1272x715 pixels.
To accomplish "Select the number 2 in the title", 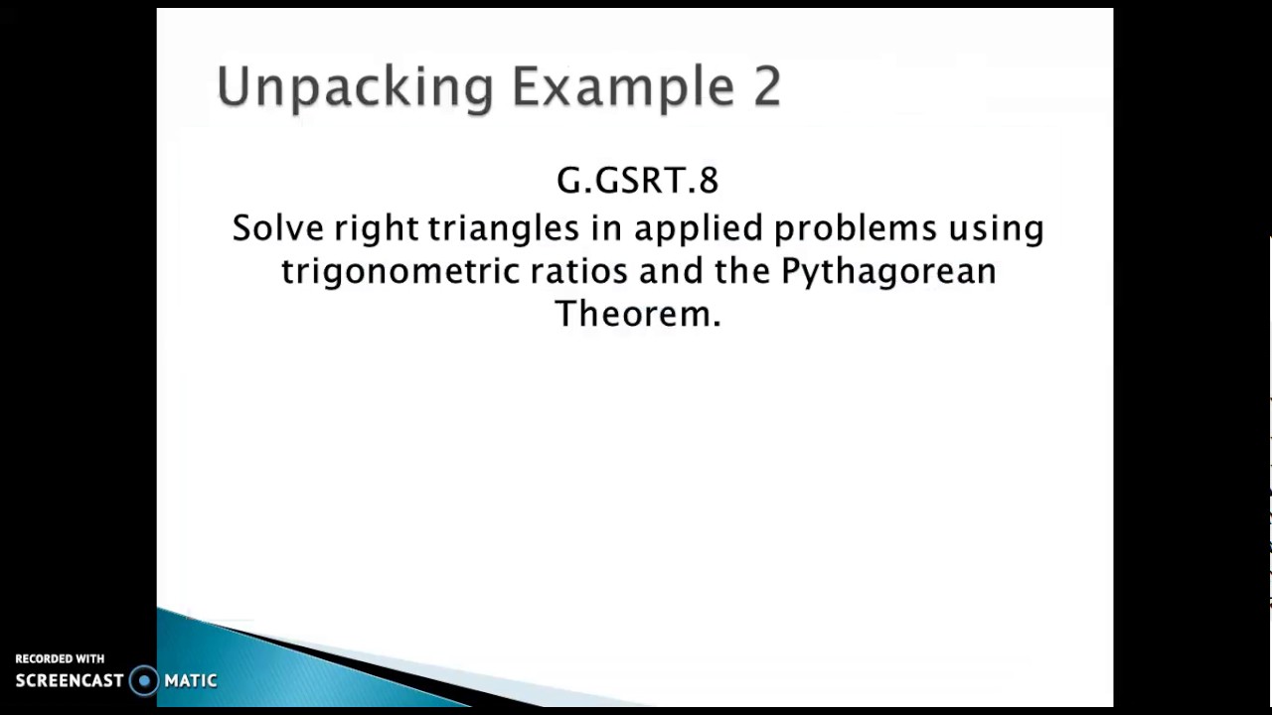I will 766,86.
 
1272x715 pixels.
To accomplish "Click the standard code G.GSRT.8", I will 637,181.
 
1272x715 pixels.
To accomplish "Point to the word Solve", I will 277,228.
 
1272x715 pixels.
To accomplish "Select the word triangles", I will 503,229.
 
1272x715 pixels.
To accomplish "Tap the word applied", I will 699,229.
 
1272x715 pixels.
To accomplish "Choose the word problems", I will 855,228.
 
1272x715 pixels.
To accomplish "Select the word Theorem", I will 637,314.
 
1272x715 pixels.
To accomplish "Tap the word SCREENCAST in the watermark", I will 70,681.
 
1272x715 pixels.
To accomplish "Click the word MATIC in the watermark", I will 191,681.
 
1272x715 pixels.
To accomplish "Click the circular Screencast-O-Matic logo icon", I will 145,680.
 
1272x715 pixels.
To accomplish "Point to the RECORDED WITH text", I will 60,658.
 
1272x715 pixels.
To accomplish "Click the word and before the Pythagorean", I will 671,271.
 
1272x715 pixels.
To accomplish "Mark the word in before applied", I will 605,228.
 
